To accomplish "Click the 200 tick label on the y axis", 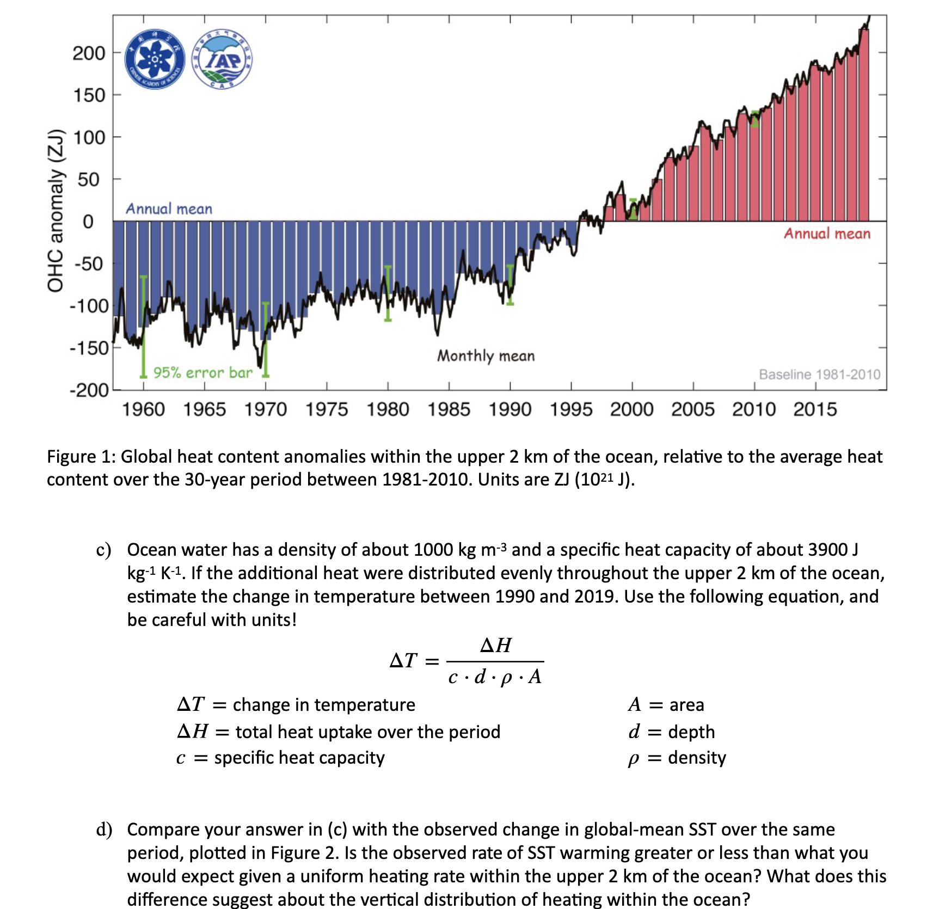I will pos(89,53).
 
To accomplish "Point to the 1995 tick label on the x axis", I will pos(570,409).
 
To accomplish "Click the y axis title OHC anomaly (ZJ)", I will pos(56,211).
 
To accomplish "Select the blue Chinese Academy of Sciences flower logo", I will pos(155,59).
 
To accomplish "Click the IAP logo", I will pos(222,59).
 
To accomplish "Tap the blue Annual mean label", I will pos(169,209).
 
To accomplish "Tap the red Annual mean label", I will pos(826,234).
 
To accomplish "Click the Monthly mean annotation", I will pos(486,356).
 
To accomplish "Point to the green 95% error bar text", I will pos(202,373).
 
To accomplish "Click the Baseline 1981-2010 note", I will pos(819,374).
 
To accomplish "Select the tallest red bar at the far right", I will pos(863,125).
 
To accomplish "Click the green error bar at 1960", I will pos(143,327).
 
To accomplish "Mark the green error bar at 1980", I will pos(388,294).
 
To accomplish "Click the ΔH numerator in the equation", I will pos(495,646).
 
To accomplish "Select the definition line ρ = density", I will pos(677,758).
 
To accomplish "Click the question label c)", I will pos(103,550).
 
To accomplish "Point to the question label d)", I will pos(104,830).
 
